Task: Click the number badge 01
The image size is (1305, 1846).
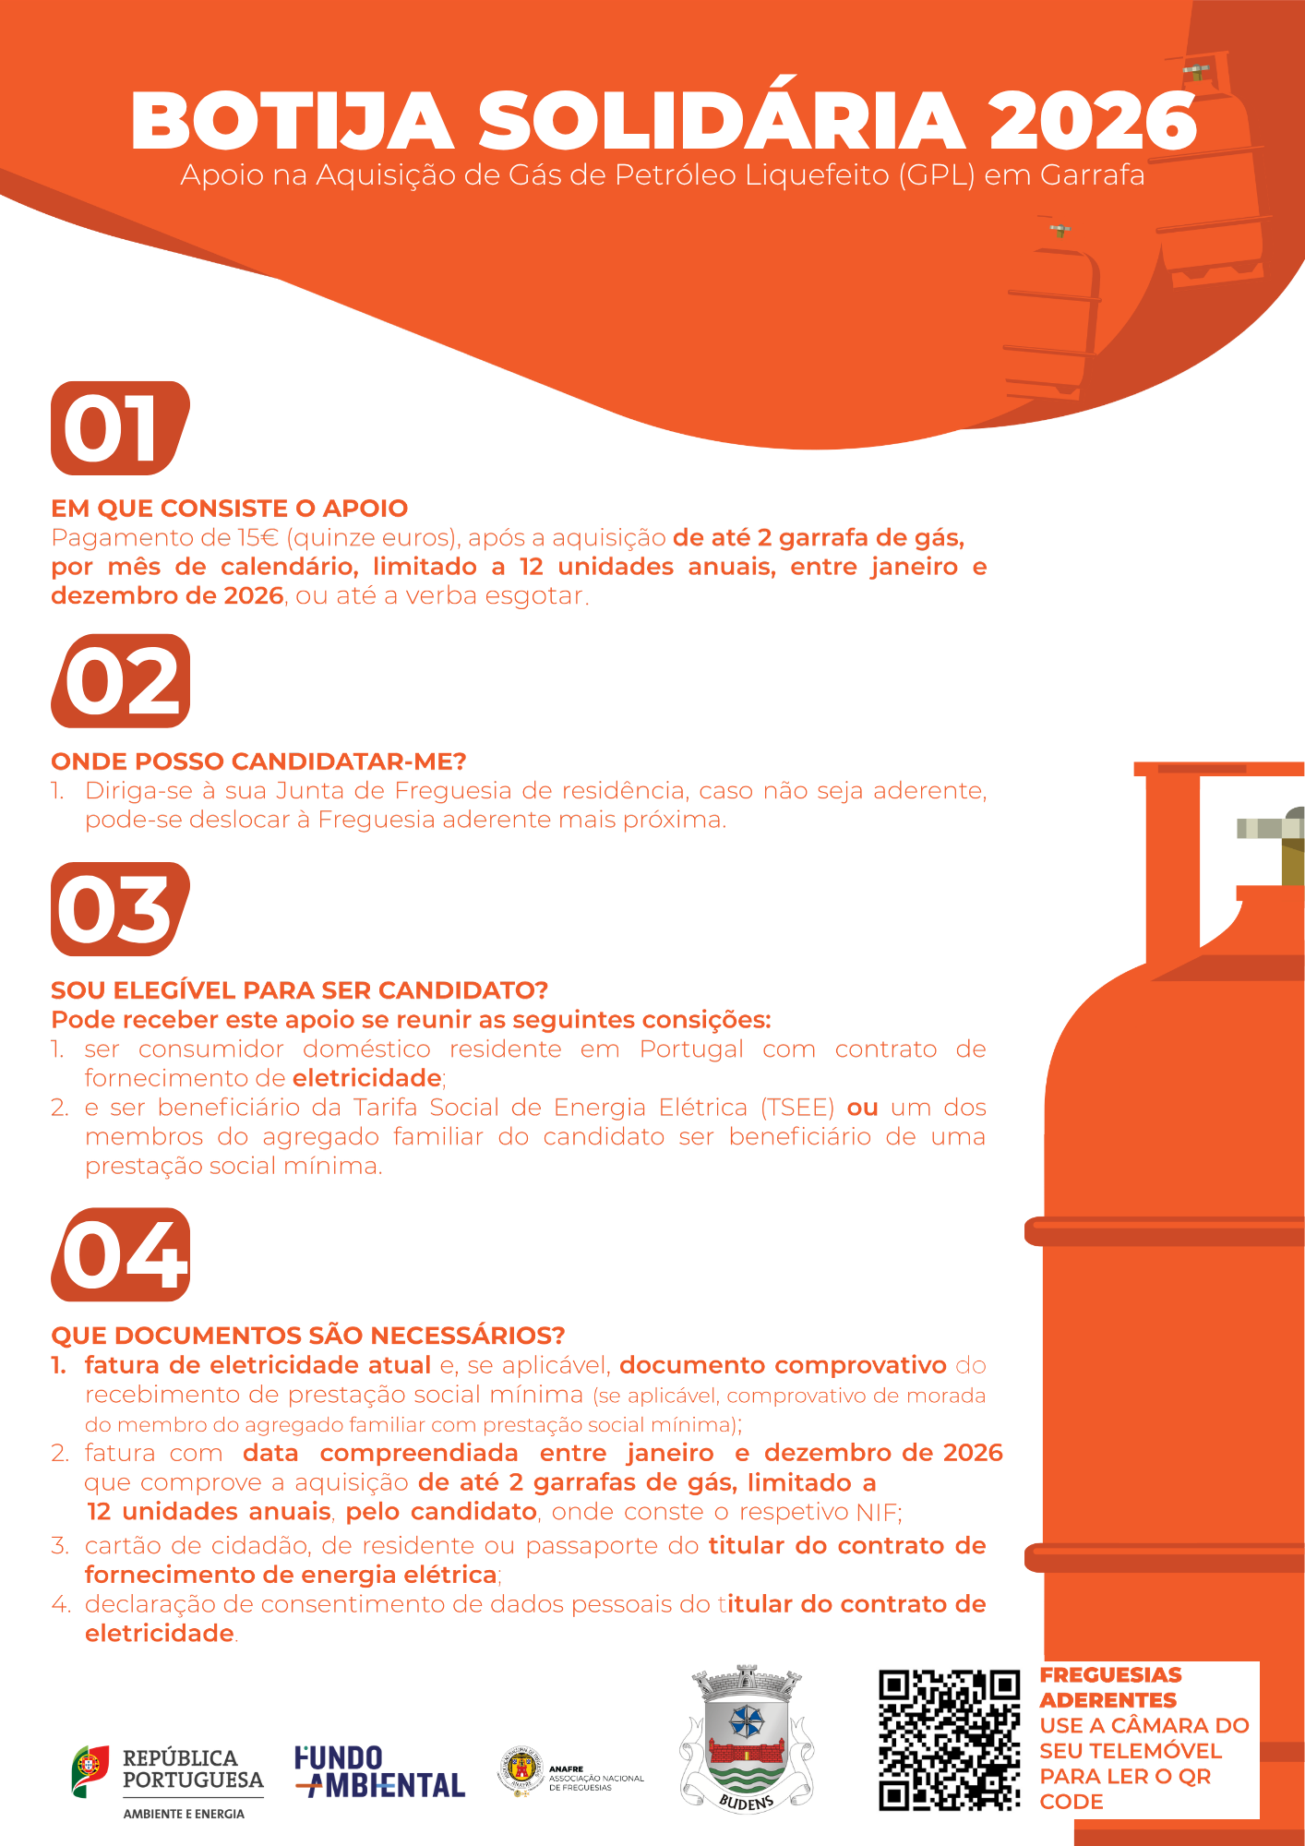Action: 120,428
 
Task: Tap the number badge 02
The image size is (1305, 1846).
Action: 120,681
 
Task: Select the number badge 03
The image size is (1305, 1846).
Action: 120,909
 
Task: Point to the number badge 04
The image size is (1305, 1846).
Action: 120,1255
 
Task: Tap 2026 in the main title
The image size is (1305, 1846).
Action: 1093,121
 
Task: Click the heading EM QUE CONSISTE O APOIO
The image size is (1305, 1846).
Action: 230,509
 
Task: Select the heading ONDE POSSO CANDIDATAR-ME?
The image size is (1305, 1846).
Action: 259,761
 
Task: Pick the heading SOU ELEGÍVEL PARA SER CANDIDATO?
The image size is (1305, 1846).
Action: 300,990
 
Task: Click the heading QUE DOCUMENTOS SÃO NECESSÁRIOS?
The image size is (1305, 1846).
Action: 308,1336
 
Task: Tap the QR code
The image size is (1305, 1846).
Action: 950,1740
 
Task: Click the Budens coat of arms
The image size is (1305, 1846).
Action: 748,1739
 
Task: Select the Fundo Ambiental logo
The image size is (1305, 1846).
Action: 380,1772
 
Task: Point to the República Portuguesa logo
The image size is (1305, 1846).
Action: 168,1782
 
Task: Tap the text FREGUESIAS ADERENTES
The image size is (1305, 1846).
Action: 1110,1687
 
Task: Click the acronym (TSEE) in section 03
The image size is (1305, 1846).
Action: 798,1108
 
